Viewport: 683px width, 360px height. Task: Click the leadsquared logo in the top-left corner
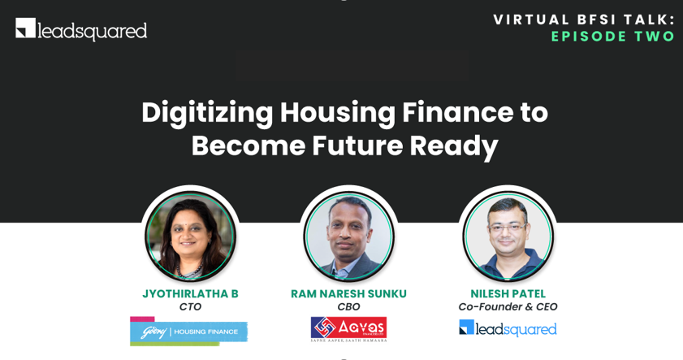tap(81, 30)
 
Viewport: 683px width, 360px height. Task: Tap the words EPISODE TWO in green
tap(612, 37)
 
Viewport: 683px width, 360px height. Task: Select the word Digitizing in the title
tap(207, 112)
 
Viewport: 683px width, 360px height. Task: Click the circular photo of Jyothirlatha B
tap(190, 236)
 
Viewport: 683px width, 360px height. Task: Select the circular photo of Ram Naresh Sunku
tap(348, 236)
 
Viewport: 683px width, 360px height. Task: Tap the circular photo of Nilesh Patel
tap(508, 236)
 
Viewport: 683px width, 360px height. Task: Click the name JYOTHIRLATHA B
tap(190, 293)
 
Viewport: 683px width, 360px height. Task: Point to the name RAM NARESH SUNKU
tap(348, 293)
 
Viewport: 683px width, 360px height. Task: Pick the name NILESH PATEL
tap(508, 293)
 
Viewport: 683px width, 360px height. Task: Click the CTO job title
tap(190, 307)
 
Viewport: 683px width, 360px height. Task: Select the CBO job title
tap(348, 307)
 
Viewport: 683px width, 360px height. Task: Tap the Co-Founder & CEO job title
tap(508, 307)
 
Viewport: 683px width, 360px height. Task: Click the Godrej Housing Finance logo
tap(188, 332)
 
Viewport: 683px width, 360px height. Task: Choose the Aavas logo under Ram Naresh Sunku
tap(348, 329)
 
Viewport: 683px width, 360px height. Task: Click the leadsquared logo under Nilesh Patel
tap(508, 328)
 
